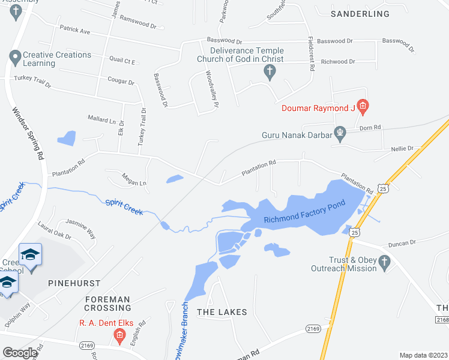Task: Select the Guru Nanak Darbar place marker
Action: [340, 133]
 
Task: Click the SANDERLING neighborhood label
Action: [360, 13]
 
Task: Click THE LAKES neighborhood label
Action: [222, 312]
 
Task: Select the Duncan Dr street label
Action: [402, 243]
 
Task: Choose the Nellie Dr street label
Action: [402, 148]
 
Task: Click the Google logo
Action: [20, 353]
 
